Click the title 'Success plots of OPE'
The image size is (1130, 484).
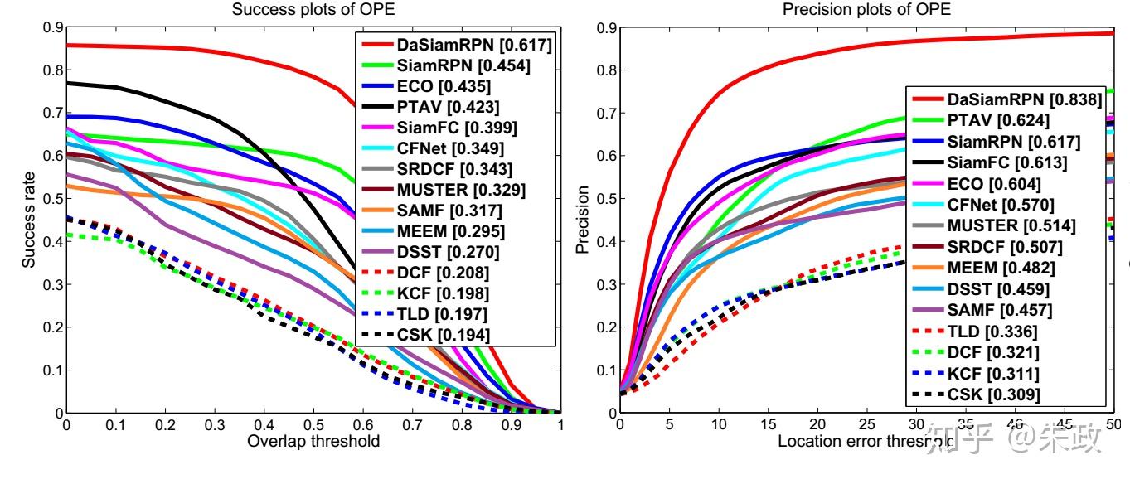pos(313,10)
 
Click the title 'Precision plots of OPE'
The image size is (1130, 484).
pos(867,10)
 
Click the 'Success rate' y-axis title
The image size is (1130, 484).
pos(30,220)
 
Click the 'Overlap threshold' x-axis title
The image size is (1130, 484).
pos(313,441)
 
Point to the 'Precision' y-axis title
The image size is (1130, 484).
pos(584,220)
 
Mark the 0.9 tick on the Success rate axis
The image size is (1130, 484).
pos(52,27)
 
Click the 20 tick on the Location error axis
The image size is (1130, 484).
pos(817,424)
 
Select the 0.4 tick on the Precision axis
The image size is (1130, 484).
pos(605,241)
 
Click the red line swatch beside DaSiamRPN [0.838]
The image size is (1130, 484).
pos(933,99)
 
